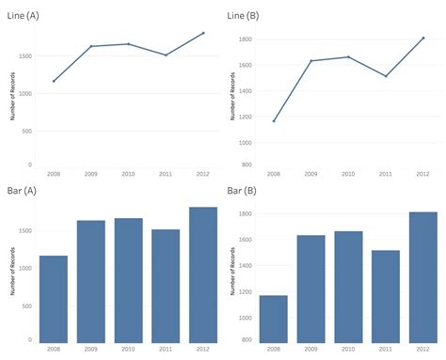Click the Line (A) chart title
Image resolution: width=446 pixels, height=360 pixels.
pyautogui.click(x=24, y=16)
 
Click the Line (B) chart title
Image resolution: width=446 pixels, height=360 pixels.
pyautogui.click(x=244, y=16)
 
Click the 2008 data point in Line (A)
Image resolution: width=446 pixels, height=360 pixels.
pyautogui.click(x=54, y=81)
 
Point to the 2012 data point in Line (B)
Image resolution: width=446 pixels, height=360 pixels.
pyautogui.click(x=423, y=39)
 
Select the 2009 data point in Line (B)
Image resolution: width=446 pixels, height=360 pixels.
pyautogui.click(x=311, y=61)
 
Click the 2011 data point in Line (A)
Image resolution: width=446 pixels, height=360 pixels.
pyautogui.click(x=166, y=55)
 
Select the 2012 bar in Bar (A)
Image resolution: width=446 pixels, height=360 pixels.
pyautogui.click(x=203, y=274)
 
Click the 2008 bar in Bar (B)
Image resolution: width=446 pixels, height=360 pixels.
pyautogui.click(x=273, y=319)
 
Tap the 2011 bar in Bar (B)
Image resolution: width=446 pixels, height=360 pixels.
pyautogui.click(x=386, y=296)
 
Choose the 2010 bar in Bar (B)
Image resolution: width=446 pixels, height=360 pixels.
pyautogui.click(x=348, y=287)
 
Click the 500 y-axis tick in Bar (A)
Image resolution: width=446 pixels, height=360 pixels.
pyautogui.click(x=28, y=304)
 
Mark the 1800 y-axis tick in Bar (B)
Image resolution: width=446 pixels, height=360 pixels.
pyautogui.click(x=246, y=214)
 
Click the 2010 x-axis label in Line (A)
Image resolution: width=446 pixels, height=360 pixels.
pyautogui.click(x=129, y=174)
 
